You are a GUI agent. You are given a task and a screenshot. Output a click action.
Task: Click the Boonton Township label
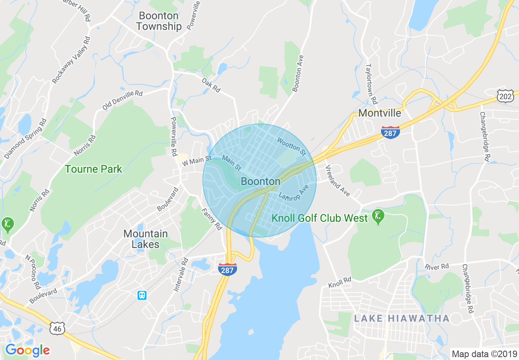coord(159,21)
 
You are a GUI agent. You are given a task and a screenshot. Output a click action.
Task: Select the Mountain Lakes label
coord(146,239)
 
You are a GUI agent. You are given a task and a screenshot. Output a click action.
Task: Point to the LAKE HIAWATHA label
coord(402,318)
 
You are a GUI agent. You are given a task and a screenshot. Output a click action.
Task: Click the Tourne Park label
coord(93,169)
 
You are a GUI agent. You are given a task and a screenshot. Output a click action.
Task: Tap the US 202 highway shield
coord(505,96)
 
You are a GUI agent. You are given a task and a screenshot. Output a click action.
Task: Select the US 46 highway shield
coord(57,328)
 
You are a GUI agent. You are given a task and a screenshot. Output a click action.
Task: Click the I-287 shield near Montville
coord(390,132)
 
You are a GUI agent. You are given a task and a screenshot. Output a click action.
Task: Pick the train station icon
coord(142,295)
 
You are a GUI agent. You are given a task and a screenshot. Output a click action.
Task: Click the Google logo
coord(27,350)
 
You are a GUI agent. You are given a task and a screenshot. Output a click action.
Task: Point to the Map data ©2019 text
coord(483,354)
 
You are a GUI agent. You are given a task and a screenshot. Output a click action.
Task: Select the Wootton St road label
coord(291,146)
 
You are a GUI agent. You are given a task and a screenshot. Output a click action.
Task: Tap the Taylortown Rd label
coord(371,84)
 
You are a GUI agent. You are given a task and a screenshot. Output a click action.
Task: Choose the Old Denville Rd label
coord(122,100)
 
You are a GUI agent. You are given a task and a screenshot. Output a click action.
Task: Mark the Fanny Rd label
coord(212,219)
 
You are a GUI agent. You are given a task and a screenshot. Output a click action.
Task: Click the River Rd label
coord(437,267)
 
